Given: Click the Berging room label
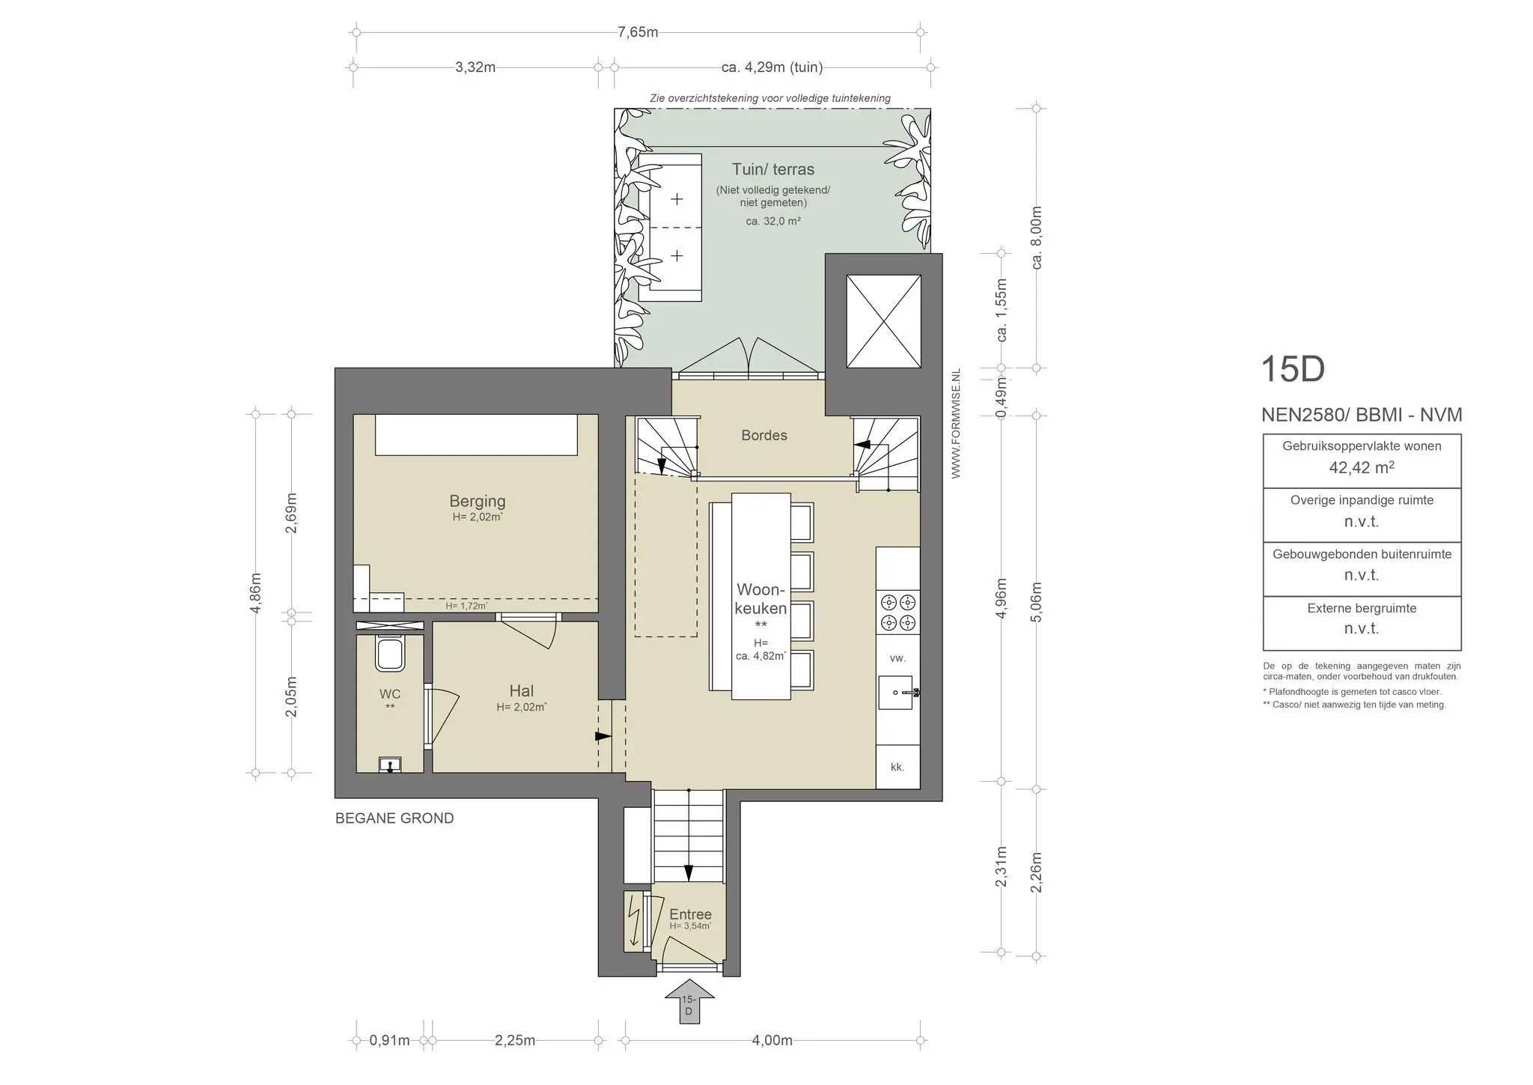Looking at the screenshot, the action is [x=477, y=501].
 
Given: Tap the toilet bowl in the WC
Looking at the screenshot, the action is [x=390, y=654].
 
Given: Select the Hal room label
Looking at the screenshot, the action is [x=521, y=691].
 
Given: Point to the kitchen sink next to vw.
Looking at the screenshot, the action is [x=897, y=693].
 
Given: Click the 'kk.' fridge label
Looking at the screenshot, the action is [x=897, y=767].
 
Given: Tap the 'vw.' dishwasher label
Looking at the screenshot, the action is [x=897, y=658].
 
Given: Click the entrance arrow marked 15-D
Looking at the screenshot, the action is [x=689, y=1000].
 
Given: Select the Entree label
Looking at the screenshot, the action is [x=690, y=914].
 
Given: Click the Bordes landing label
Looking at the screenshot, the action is [x=764, y=435].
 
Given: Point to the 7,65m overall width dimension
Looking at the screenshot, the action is [x=638, y=32].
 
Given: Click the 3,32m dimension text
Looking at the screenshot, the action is [x=475, y=67].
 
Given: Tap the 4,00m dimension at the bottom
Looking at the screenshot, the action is [x=772, y=1040].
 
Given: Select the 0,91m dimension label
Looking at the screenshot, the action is [x=389, y=1040].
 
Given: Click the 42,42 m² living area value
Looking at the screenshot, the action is [x=1361, y=468].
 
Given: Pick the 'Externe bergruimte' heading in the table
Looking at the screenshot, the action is [x=1362, y=608].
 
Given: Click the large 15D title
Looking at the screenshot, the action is [x=1293, y=369].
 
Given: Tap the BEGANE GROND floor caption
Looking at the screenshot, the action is [x=394, y=818].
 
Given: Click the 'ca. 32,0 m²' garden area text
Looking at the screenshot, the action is [x=773, y=221].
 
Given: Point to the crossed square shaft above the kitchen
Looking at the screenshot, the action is [x=883, y=321].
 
